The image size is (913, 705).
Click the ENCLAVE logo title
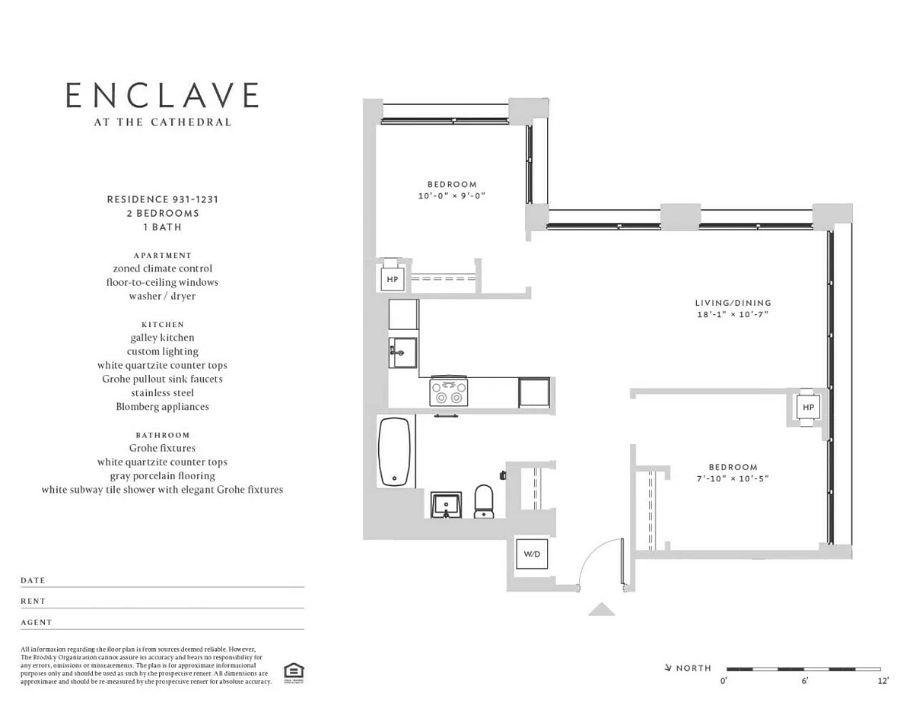[162, 95]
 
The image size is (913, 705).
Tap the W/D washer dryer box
[532, 554]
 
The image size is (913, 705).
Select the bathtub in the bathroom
[394, 452]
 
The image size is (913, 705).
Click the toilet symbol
[484, 501]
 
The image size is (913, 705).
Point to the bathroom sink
[446, 505]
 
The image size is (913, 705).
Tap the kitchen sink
[403, 352]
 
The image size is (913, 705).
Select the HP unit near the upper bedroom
[393, 279]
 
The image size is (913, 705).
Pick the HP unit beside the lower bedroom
[808, 407]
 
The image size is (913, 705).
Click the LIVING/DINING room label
[733, 303]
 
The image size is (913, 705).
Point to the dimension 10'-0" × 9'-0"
[452, 195]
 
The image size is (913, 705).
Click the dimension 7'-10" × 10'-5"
[733, 478]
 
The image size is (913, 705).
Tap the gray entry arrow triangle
[602, 610]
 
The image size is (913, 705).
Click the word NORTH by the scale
[694, 668]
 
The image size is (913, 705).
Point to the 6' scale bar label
[804, 681]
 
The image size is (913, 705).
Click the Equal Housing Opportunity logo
[294, 673]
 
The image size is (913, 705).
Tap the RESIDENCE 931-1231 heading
[163, 199]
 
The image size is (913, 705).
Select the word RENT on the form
[33, 601]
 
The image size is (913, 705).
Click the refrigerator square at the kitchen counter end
[534, 392]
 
